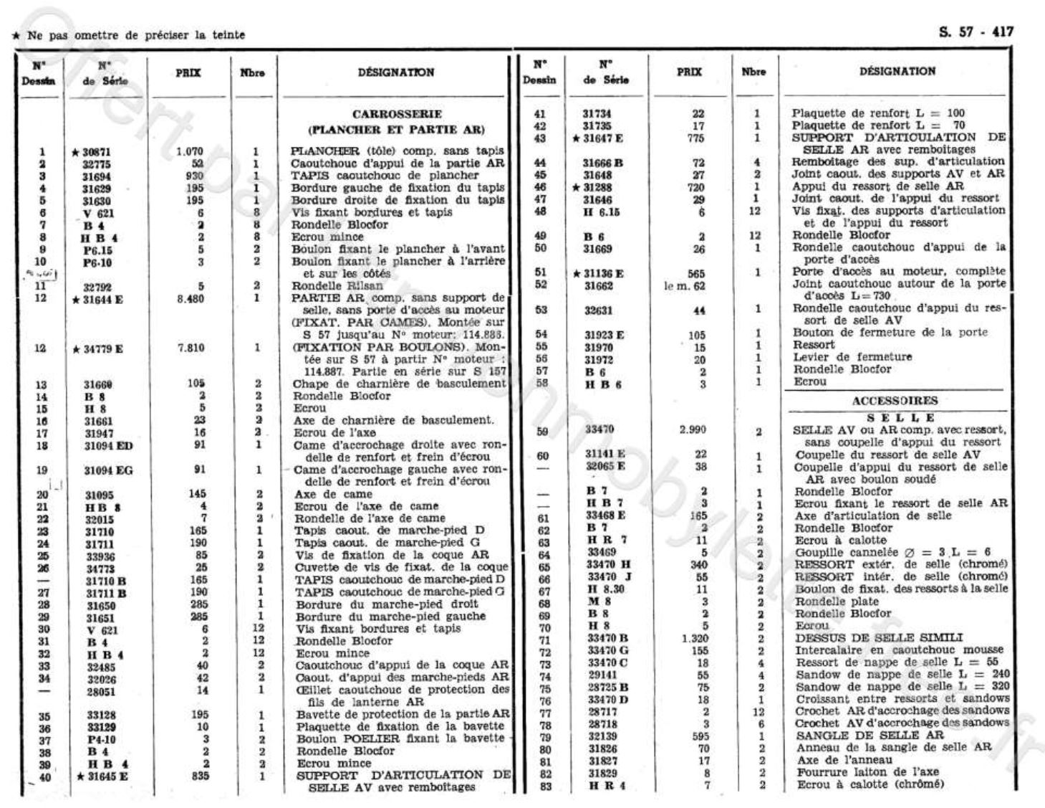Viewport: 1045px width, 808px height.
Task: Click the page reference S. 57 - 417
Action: [x=976, y=32]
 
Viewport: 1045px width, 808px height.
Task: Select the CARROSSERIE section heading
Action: [x=397, y=114]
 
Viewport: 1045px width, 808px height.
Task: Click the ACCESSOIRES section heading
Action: [x=895, y=401]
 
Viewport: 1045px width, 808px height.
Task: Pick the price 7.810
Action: [x=190, y=348]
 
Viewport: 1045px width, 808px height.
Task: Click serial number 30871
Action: [x=96, y=152]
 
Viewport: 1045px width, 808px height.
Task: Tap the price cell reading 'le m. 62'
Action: [x=685, y=285]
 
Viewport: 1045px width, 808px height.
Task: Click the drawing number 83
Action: [x=541, y=785]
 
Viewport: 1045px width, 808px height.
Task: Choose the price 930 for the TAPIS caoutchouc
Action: [x=194, y=176]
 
